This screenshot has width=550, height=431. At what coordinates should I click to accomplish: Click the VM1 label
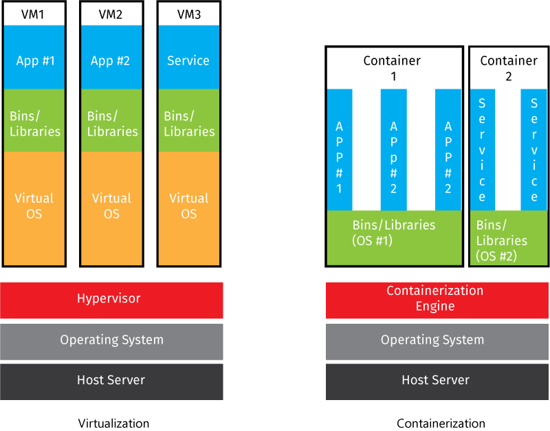point(34,14)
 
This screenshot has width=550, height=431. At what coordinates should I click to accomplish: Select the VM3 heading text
point(189,14)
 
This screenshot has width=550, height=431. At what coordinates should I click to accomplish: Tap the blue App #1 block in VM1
point(34,60)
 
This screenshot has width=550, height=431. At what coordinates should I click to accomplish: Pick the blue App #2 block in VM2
point(111,60)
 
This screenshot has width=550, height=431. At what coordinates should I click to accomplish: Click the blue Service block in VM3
point(188,60)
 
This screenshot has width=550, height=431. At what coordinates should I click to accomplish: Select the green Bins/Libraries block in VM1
point(34,122)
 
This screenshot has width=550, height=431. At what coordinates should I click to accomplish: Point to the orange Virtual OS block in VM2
point(111,206)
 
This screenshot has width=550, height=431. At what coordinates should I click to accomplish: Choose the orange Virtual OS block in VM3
point(188,206)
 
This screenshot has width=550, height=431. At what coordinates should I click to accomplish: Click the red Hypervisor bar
point(111,299)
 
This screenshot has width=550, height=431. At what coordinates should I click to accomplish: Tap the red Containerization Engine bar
point(434,299)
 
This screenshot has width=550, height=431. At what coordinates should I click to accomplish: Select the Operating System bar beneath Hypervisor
point(111,340)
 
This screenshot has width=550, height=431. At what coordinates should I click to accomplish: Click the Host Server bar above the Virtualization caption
point(111,380)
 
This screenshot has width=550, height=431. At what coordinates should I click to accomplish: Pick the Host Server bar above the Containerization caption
point(434,380)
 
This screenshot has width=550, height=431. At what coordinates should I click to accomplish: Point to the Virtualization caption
point(113,423)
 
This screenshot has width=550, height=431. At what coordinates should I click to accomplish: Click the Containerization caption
point(441,423)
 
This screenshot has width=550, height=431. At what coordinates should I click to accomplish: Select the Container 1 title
point(393,68)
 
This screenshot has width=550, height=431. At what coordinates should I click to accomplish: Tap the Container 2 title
point(509,68)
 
